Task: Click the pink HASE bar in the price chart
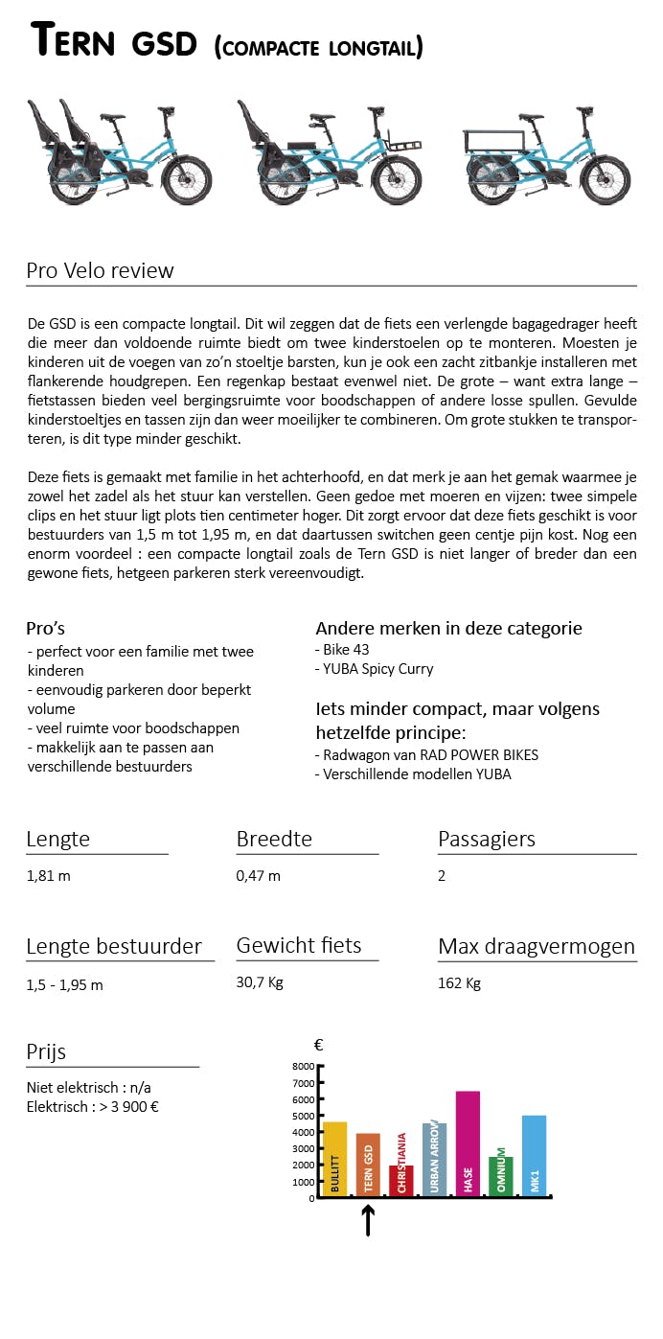pyautogui.click(x=468, y=1142)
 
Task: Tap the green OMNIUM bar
pyautogui.click(x=500, y=1175)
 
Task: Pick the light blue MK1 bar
pyautogui.click(x=534, y=1155)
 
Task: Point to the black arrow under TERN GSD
pyautogui.click(x=368, y=1220)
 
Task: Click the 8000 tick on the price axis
pyautogui.click(x=303, y=1066)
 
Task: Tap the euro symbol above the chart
pyautogui.click(x=318, y=1046)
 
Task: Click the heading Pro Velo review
pyautogui.click(x=101, y=270)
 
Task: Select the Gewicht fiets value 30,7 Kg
pyautogui.click(x=260, y=982)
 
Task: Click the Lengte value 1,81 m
pyautogui.click(x=49, y=875)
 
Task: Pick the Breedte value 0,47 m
pyautogui.click(x=259, y=875)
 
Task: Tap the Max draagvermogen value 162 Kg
pyautogui.click(x=459, y=982)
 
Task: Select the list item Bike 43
pyautogui.click(x=346, y=649)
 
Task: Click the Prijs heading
pyautogui.click(x=46, y=1051)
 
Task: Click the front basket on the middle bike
pyautogui.click(x=402, y=145)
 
